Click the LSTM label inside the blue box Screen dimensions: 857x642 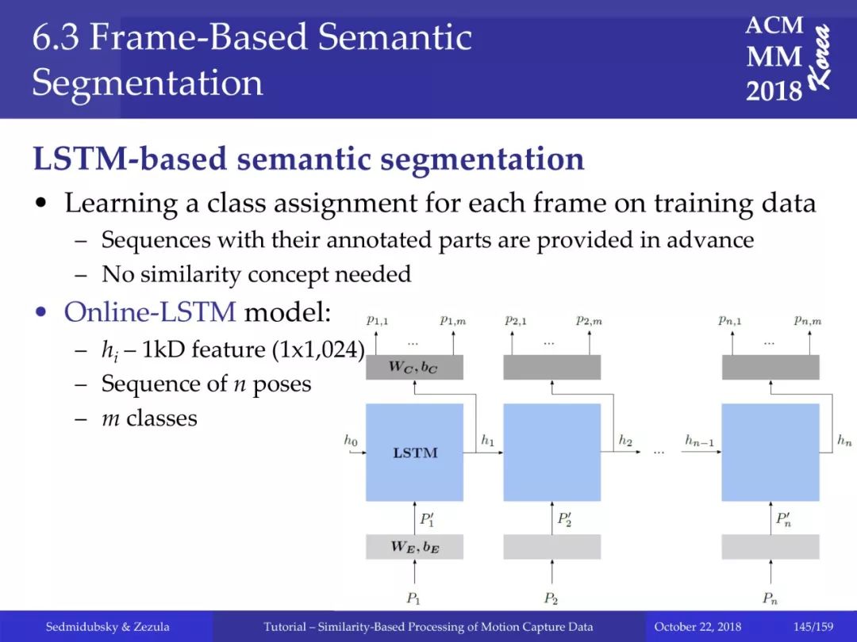coord(415,453)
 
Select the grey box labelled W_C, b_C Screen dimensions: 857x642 coord(414,367)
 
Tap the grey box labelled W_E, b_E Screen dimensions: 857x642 coord(414,546)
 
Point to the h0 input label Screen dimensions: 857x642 coord(351,440)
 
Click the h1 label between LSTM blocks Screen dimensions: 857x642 coord(487,440)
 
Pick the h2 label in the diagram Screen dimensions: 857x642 coord(625,440)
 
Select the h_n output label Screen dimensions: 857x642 coord(844,440)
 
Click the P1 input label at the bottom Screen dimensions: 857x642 coord(413,598)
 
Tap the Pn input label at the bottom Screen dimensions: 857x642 coord(770,598)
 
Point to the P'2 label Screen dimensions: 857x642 coord(565,518)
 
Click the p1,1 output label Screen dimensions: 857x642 coord(377,320)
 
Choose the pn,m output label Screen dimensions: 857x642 coord(808,320)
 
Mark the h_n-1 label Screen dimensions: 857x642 coord(700,441)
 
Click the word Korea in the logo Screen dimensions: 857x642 coord(820,56)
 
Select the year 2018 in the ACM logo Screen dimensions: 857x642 coord(774,90)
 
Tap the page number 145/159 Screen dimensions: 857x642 coord(813,627)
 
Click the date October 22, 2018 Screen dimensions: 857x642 coord(698,627)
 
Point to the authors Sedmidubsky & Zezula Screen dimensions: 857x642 coord(108,627)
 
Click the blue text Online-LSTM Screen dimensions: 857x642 coord(150,312)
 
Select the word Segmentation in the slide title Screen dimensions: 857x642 coord(148,83)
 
